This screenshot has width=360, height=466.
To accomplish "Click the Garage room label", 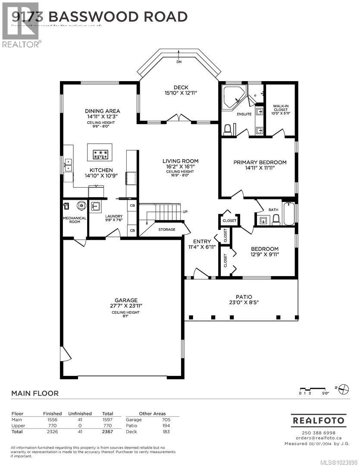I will coord(126,300).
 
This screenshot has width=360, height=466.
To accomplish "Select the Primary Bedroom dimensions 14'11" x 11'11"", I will coord(260,168).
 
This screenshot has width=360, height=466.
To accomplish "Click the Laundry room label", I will coord(114,216).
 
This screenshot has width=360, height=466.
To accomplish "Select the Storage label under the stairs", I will coord(167,230).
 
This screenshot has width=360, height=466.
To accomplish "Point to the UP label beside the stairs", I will coord(185,212).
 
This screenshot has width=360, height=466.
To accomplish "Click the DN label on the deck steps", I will coord(179,62).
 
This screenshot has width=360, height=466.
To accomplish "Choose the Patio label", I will coord(244,297).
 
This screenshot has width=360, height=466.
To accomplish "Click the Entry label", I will coord(202,242).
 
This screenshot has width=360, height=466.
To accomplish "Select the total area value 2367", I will coord(107,431).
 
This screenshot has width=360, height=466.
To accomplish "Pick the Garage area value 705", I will coord(166,419).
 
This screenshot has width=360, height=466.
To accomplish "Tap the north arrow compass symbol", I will coord(344,388).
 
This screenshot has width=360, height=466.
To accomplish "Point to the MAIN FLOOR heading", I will coord(34,393).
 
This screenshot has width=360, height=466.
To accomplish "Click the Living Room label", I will coord(178,161).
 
